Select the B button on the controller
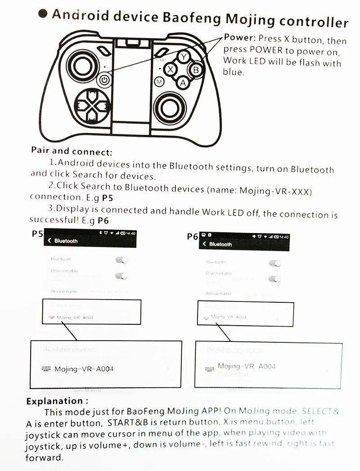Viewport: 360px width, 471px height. pyautogui.click(x=196, y=70)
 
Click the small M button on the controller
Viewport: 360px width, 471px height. pyautogui.click(x=159, y=81)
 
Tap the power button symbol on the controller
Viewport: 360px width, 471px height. pyautogui.click(x=104, y=80)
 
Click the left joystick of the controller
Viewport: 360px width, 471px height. pyautogui.click(x=82, y=66)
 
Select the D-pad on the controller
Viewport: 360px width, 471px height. pyautogui.click(x=92, y=106)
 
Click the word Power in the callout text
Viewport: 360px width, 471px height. pyautogui.click(x=239, y=38)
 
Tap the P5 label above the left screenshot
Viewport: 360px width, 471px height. pyautogui.click(x=37, y=234)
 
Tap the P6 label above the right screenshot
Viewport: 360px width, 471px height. pyautogui.click(x=193, y=237)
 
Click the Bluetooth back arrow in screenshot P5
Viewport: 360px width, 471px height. pyautogui.click(x=49, y=241)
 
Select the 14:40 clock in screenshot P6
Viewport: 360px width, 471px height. pyautogui.click(x=283, y=237)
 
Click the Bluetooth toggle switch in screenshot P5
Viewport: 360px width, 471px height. pyautogui.click(x=121, y=260)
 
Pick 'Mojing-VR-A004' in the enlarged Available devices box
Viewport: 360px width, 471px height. pyautogui.click(x=84, y=369)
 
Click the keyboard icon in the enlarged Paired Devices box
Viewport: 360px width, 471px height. pyautogui.click(x=209, y=369)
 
